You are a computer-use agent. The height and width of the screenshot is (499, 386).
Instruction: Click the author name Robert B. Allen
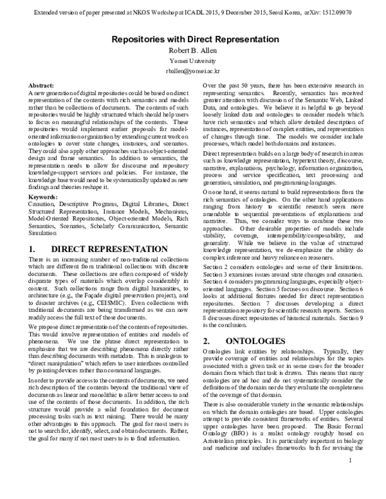[193, 51]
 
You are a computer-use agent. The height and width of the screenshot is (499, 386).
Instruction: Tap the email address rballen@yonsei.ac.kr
[193, 73]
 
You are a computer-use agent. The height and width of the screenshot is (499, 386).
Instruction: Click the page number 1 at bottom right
[367, 479]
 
